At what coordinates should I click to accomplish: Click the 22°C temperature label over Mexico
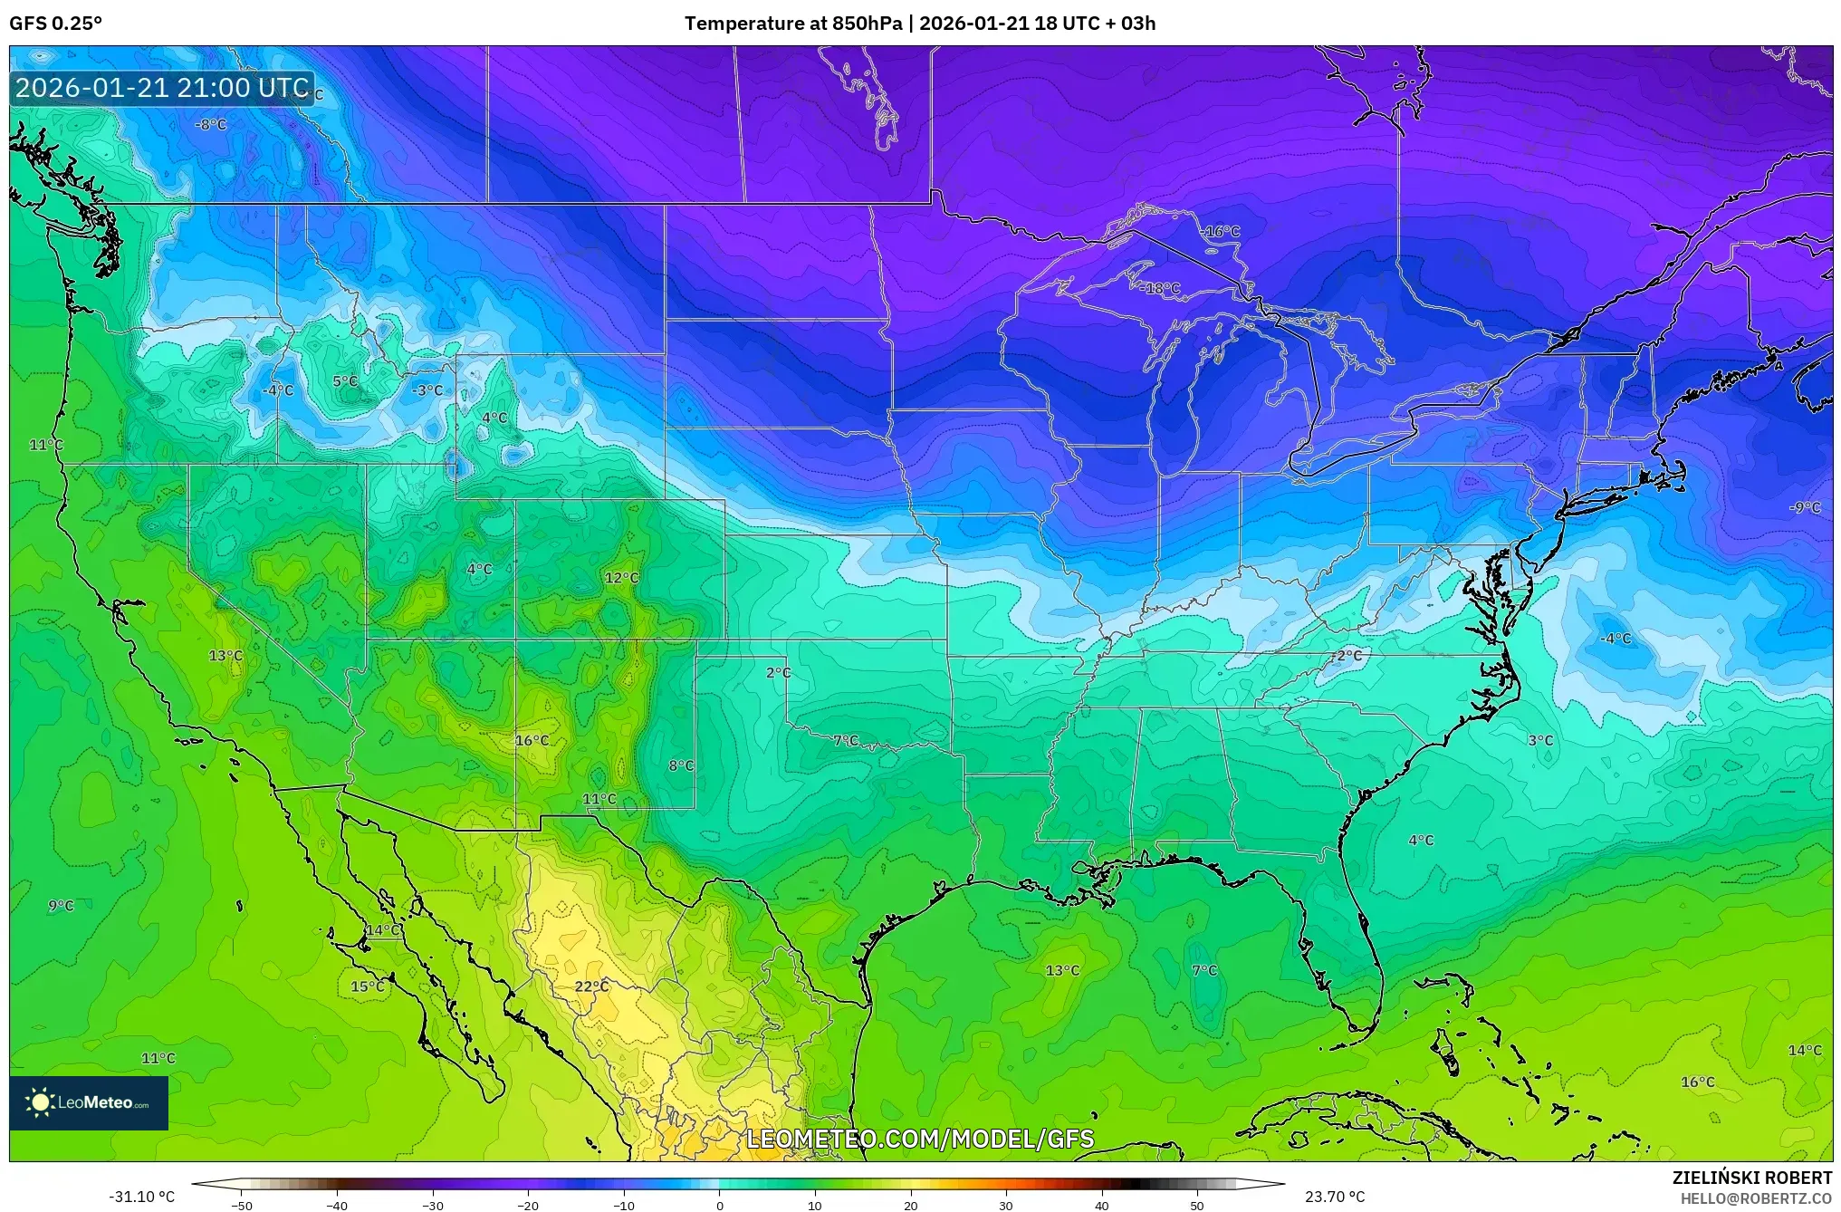point(591,986)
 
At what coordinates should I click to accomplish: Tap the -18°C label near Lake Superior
point(1162,289)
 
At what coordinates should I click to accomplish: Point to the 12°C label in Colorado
point(621,578)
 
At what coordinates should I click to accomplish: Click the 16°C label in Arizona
point(532,741)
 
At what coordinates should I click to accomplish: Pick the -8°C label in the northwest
point(210,125)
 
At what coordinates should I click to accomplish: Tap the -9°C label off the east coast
point(1804,508)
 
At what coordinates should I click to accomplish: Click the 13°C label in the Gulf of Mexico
point(1062,971)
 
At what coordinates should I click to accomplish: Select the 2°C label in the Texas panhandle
point(778,673)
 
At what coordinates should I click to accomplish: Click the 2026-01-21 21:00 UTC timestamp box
point(162,88)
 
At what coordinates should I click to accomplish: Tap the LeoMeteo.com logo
point(88,1102)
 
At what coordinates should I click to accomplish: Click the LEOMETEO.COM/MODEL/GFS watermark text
point(920,1139)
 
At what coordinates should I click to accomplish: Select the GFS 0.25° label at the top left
point(55,24)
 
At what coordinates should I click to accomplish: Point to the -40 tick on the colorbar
point(337,1206)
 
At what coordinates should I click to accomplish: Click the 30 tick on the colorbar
point(1005,1206)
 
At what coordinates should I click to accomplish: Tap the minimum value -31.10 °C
point(142,1197)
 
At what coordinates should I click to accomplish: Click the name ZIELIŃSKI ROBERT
point(1751,1178)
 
